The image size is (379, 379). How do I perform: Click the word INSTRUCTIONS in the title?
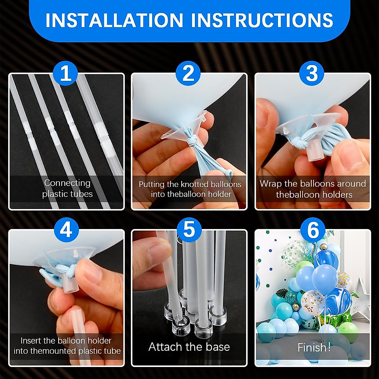tap(262, 20)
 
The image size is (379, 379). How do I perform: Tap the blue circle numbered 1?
tap(66, 73)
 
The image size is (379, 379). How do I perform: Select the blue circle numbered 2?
tap(189, 73)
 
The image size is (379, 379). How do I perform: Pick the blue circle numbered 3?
tap(312, 73)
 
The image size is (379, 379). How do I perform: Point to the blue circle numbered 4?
tap(66, 230)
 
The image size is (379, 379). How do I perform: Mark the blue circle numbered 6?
tap(313, 230)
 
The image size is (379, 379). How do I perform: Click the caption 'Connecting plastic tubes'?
tap(67, 188)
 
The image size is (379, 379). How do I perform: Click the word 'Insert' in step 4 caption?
tap(31, 340)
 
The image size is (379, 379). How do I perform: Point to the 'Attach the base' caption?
tap(189, 347)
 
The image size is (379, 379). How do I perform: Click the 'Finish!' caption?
tap(314, 347)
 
